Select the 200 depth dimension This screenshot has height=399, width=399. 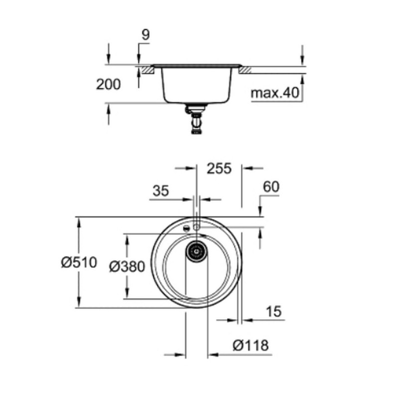(108, 84)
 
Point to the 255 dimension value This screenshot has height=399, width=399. (219, 169)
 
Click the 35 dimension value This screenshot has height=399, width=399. (161, 190)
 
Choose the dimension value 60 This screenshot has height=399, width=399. (271, 187)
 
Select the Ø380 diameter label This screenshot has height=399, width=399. (127, 266)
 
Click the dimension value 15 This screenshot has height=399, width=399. (274, 311)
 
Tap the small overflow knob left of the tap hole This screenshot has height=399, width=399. (187, 228)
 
